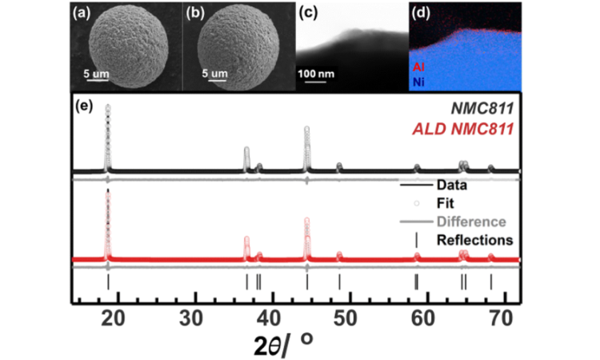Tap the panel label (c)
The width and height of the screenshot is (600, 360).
309,14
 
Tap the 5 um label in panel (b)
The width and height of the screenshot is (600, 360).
216,74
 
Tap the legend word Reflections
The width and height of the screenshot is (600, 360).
474,239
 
